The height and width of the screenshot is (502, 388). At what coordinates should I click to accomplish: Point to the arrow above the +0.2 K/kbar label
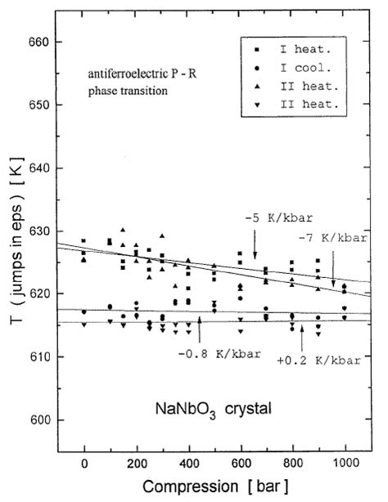point(302,332)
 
